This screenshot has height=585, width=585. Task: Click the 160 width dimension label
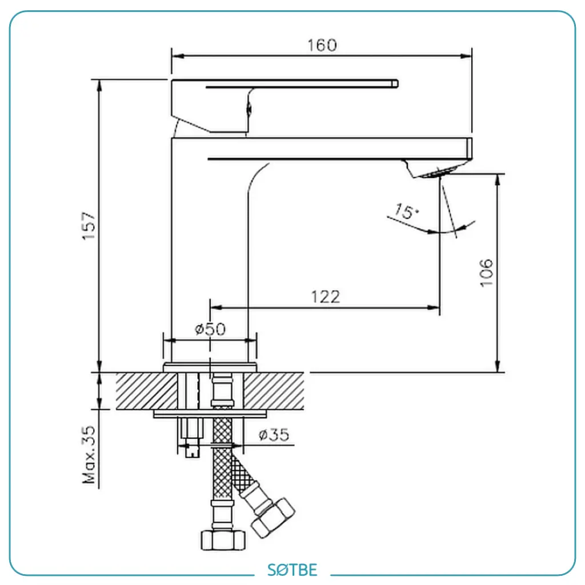[x=322, y=45]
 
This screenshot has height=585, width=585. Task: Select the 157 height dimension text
[x=89, y=226]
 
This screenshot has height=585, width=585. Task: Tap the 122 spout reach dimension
[x=326, y=297]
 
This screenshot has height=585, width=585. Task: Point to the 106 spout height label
[x=487, y=273]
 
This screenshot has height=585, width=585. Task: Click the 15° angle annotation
[x=406, y=211]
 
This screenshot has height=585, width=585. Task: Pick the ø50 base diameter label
[x=210, y=329]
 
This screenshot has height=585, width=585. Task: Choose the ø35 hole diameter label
[x=274, y=435]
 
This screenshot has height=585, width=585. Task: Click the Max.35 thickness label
[x=89, y=455]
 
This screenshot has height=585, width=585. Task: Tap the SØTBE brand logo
[x=292, y=570]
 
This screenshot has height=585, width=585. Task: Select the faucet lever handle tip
[x=395, y=83]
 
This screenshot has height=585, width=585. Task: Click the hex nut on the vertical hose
[x=223, y=540]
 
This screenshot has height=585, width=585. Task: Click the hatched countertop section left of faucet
[x=147, y=391]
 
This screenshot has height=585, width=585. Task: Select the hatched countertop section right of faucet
[x=274, y=391]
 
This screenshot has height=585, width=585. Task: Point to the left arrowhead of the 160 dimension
[x=178, y=56]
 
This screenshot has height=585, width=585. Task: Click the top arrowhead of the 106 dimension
[x=498, y=180]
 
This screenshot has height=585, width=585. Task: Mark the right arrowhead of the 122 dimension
[x=433, y=308]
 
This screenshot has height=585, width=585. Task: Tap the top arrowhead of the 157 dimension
[x=99, y=86]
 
